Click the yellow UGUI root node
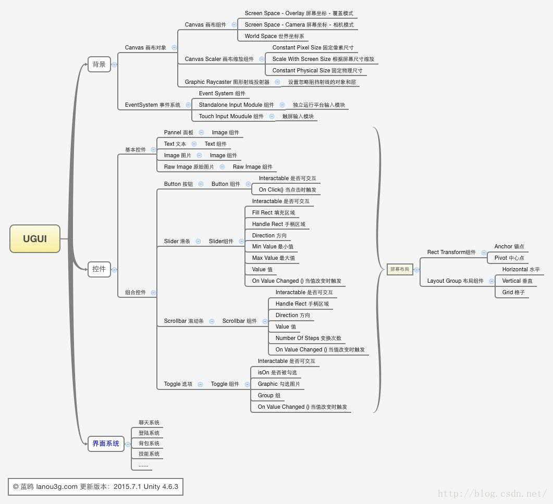[x=35, y=239]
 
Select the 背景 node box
[x=99, y=65]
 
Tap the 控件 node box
[x=99, y=269]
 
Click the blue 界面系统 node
[x=106, y=444]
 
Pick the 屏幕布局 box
[x=400, y=269]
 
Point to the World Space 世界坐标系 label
[x=274, y=36]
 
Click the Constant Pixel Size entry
[x=313, y=48]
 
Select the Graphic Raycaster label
[x=227, y=82]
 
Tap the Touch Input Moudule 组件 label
[x=231, y=117]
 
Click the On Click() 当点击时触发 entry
[x=287, y=190]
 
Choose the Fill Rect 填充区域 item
[x=273, y=213]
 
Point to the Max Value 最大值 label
[x=273, y=258]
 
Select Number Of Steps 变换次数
[x=308, y=338]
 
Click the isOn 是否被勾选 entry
[x=277, y=373]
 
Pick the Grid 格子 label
[x=513, y=293]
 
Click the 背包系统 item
[x=149, y=444]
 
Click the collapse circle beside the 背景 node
[x=114, y=65]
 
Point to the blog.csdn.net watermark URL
[x=492, y=494]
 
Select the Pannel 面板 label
[x=178, y=133]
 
